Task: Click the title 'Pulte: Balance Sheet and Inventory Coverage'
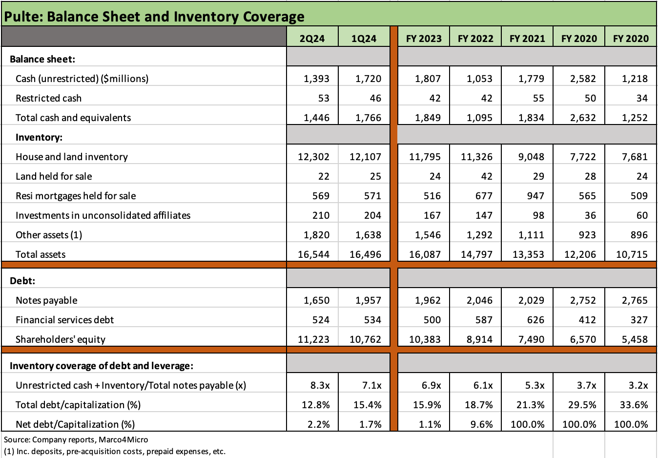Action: click(154, 17)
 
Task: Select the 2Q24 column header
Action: click(312, 39)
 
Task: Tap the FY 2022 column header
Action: click(475, 39)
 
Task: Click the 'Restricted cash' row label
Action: click(48, 98)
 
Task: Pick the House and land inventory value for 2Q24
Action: click(313, 157)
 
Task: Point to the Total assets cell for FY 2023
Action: click(425, 254)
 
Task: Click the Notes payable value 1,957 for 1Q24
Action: click(368, 300)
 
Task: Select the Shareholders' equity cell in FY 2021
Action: click(531, 339)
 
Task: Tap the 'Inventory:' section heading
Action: click(39, 137)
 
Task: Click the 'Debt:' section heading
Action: click(22, 281)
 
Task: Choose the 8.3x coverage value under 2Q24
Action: click(320, 385)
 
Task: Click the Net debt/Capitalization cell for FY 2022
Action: click(481, 424)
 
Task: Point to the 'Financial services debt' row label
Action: click(64, 320)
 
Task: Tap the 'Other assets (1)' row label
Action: click(49, 235)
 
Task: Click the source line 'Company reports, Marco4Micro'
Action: click(76, 439)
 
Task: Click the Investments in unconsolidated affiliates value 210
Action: click(321, 215)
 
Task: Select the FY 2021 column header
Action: click(527, 39)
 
